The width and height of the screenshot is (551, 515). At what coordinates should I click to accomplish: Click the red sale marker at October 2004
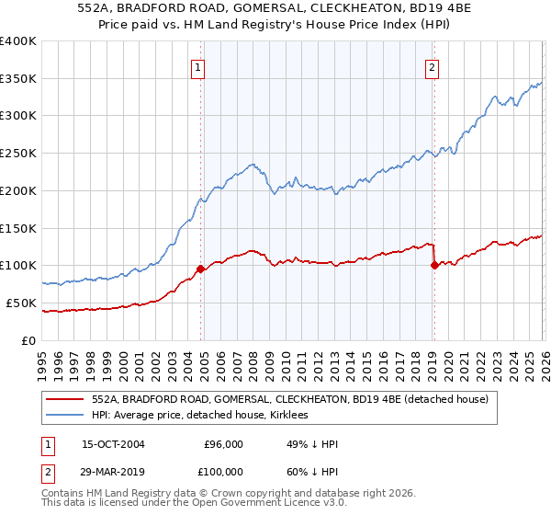[200, 269]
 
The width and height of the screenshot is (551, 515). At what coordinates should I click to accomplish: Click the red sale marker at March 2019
[433, 266]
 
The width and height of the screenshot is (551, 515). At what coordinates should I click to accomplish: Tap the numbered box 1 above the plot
[198, 66]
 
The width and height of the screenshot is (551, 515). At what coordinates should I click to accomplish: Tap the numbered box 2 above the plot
[432, 66]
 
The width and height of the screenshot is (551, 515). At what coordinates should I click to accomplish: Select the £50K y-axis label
[20, 303]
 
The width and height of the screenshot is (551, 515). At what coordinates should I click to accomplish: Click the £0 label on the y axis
[29, 340]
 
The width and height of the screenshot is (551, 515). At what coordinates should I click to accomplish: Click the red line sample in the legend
[64, 399]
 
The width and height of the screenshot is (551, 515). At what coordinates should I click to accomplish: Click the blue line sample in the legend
[64, 415]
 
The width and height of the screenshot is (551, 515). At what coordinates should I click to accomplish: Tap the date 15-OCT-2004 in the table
[113, 444]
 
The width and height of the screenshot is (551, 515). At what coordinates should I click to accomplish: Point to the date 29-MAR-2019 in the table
[113, 472]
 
